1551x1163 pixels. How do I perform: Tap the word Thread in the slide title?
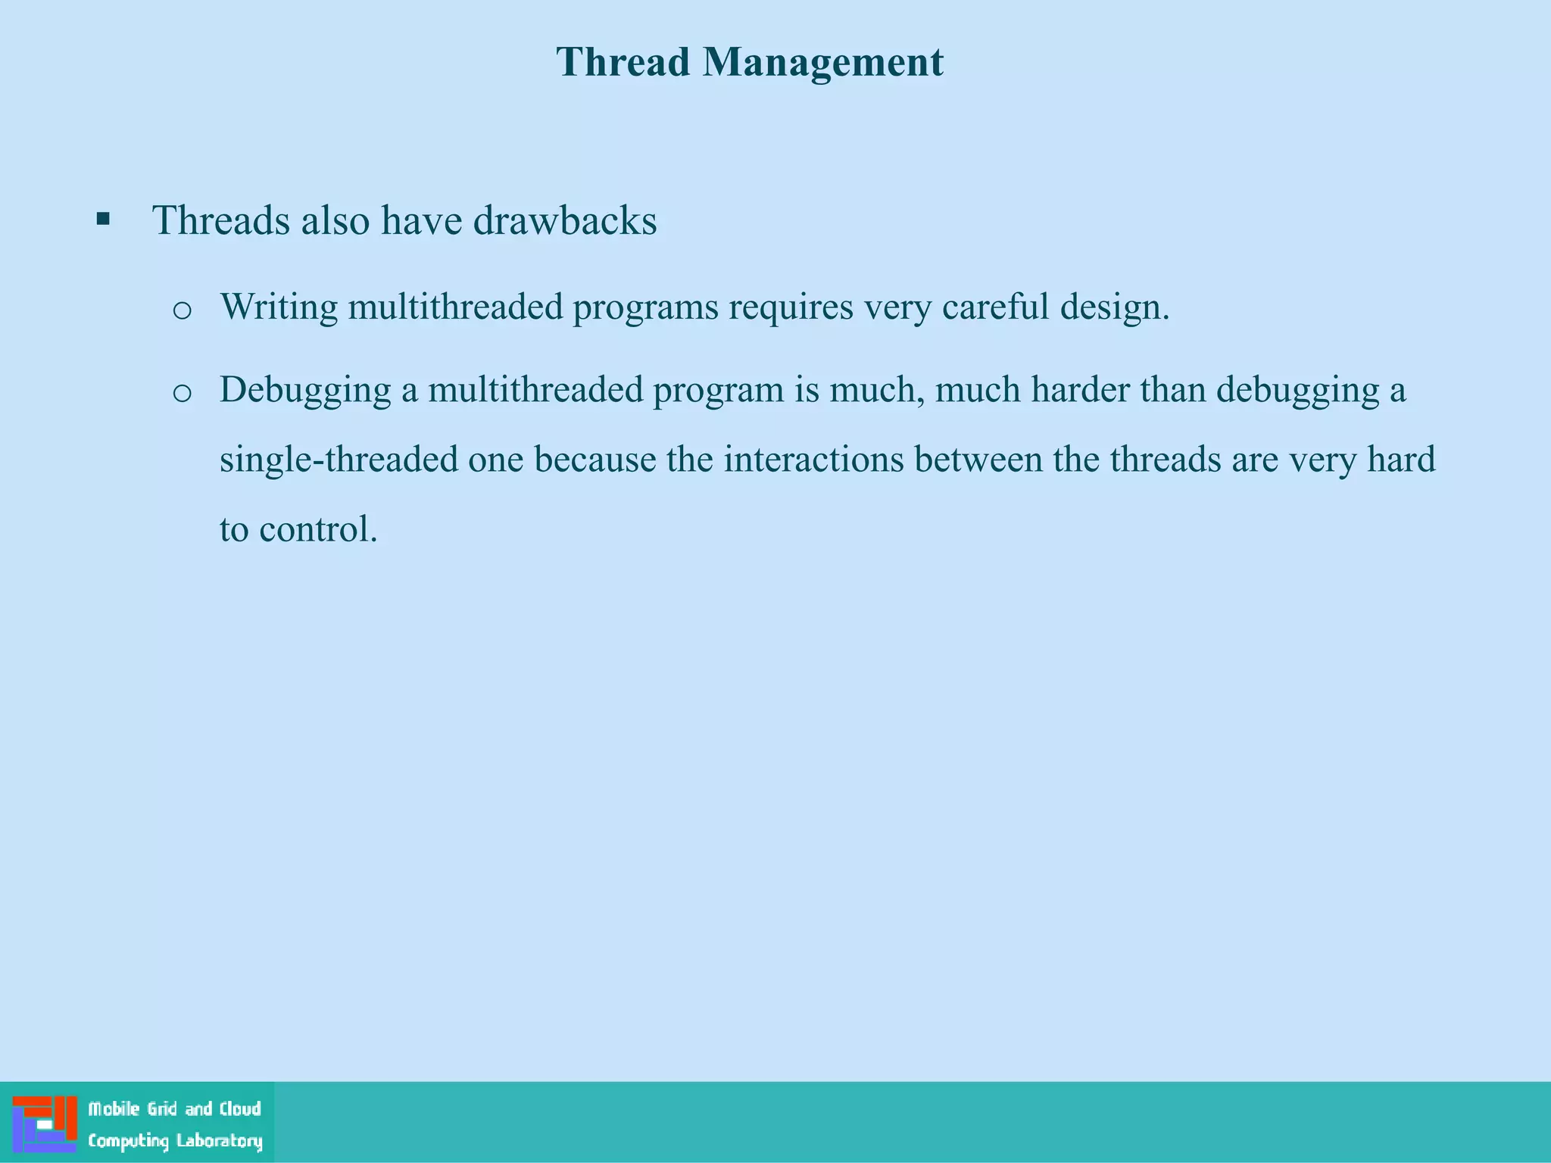tap(623, 61)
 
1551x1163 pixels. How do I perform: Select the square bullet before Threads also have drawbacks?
tap(104, 220)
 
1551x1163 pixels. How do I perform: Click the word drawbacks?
tap(565, 220)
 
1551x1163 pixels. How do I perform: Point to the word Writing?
tap(279, 307)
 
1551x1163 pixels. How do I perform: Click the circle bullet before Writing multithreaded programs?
tap(182, 310)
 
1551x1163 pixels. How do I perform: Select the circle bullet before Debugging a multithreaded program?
tap(182, 392)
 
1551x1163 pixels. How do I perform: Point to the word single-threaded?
tap(339, 460)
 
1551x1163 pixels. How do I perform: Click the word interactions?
tap(813, 460)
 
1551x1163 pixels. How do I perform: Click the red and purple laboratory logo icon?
tap(45, 1124)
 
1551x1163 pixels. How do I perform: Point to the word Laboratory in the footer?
tap(220, 1141)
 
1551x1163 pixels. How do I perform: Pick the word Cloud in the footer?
tap(240, 1109)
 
